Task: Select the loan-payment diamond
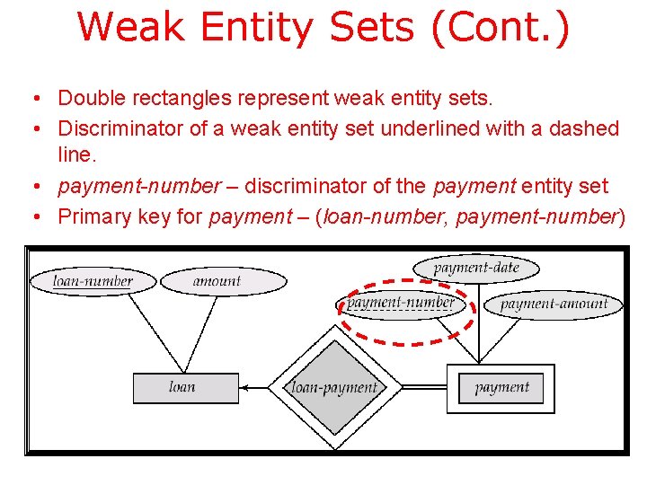click(x=335, y=388)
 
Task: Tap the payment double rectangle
click(x=501, y=388)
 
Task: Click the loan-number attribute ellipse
click(x=93, y=281)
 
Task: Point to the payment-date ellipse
click(x=476, y=268)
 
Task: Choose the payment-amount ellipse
click(x=554, y=304)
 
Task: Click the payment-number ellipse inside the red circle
click(x=401, y=303)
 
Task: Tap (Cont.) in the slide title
click(x=500, y=27)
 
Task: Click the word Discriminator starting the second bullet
click(x=120, y=128)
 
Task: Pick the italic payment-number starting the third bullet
click(x=139, y=186)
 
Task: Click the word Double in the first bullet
click(x=89, y=96)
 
